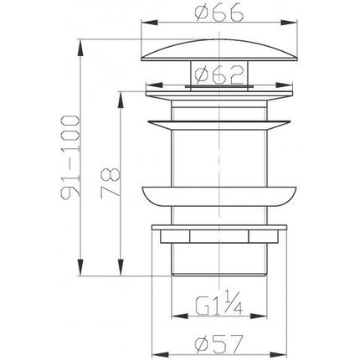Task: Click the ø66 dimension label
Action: pos(219,13)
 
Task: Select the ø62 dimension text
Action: pos(219,75)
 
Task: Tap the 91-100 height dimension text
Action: pos(70,157)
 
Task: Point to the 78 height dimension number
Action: pos(111,183)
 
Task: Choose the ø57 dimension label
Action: pos(219,343)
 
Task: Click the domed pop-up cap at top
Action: pos(219,49)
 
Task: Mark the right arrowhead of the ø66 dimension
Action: pos(289,23)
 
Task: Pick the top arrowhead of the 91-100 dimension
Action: pos(80,48)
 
